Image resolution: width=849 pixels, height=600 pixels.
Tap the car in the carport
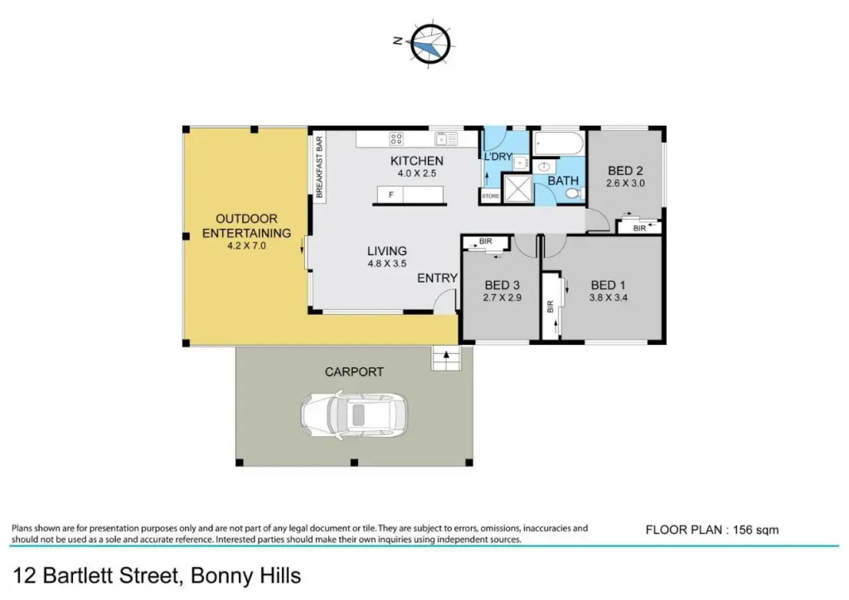(x=355, y=415)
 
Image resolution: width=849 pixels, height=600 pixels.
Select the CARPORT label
(x=354, y=372)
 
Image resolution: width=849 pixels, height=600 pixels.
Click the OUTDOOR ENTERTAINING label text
(x=246, y=225)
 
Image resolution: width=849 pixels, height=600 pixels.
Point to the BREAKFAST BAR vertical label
(x=319, y=167)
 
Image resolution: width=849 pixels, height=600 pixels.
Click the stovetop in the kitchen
(x=395, y=139)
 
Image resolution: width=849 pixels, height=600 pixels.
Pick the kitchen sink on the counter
(x=445, y=139)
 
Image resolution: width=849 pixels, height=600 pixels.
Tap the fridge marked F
(x=391, y=194)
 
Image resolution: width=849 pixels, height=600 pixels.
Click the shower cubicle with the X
(x=518, y=188)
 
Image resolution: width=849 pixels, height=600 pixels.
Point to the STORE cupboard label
(x=491, y=196)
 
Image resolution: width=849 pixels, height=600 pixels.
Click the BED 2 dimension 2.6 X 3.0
(x=625, y=183)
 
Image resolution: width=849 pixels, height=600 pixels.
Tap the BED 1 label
(x=608, y=285)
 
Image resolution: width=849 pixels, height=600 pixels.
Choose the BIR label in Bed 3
(x=486, y=241)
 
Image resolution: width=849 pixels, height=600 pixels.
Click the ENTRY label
(x=437, y=278)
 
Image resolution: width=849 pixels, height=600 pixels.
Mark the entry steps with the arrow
(x=446, y=358)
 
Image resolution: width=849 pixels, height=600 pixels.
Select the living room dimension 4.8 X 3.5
(x=387, y=264)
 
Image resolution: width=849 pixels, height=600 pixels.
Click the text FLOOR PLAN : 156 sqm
(x=712, y=530)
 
